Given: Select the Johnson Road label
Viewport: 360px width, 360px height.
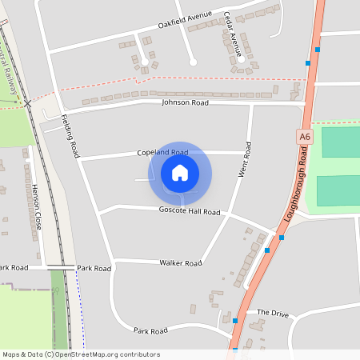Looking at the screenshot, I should coord(185,103).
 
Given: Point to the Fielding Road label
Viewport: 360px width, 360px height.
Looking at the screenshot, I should coord(71,134).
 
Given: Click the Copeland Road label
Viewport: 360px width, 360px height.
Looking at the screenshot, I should coord(162,152).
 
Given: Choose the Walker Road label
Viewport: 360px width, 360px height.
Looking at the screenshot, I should coord(180,262).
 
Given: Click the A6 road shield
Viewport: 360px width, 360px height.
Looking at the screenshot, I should coord(305,138).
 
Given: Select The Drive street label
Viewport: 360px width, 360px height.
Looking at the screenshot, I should coord(272,312).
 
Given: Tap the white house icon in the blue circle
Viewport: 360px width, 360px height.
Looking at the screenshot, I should coord(180,173).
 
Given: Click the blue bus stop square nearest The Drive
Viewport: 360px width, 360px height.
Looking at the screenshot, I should coord(235,320).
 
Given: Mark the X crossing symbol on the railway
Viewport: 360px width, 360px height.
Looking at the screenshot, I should coord(27,103).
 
